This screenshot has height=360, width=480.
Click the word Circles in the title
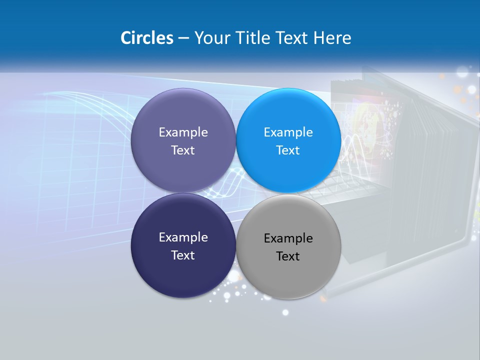(x=147, y=38)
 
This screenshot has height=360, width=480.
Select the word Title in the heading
(x=253, y=38)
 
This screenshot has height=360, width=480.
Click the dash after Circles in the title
(x=183, y=38)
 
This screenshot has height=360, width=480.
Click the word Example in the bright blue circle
(x=288, y=132)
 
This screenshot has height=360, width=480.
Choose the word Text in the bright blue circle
(x=288, y=150)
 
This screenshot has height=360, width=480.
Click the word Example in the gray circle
(x=288, y=238)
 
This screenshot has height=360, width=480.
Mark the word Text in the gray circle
(x=288, y=256)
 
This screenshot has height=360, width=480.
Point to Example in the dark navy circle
(x=183, y=237)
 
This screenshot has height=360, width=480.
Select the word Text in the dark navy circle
(x=183, y=255)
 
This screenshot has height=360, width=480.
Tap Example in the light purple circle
(x=183, y=132)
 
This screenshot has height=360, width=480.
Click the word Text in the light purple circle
(x=183, y=150)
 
